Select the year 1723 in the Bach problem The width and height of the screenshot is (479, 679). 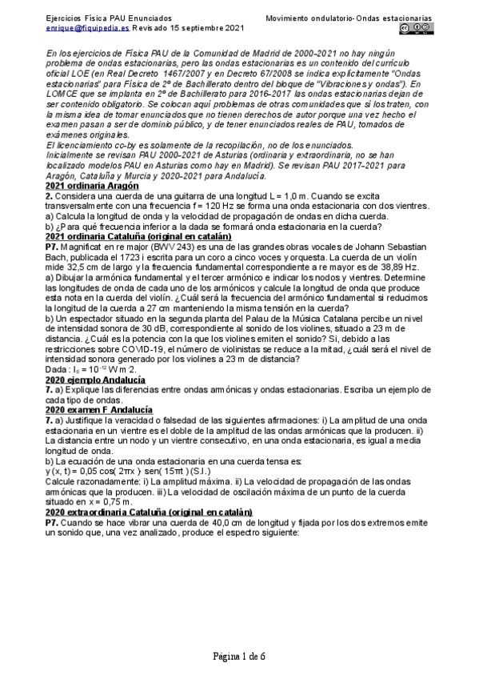click(x=122, y=255)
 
